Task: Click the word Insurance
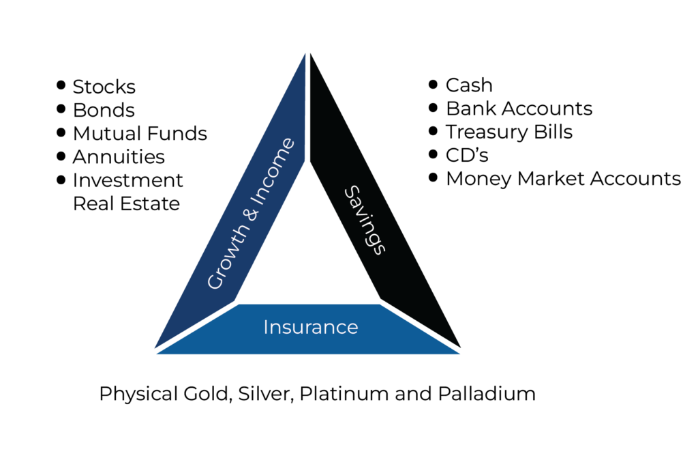coord(310,328)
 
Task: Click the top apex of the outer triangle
coord(306,53)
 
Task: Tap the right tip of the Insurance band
coord(459,354)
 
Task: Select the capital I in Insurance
coord(266,328)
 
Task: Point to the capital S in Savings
coord(350,193)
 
